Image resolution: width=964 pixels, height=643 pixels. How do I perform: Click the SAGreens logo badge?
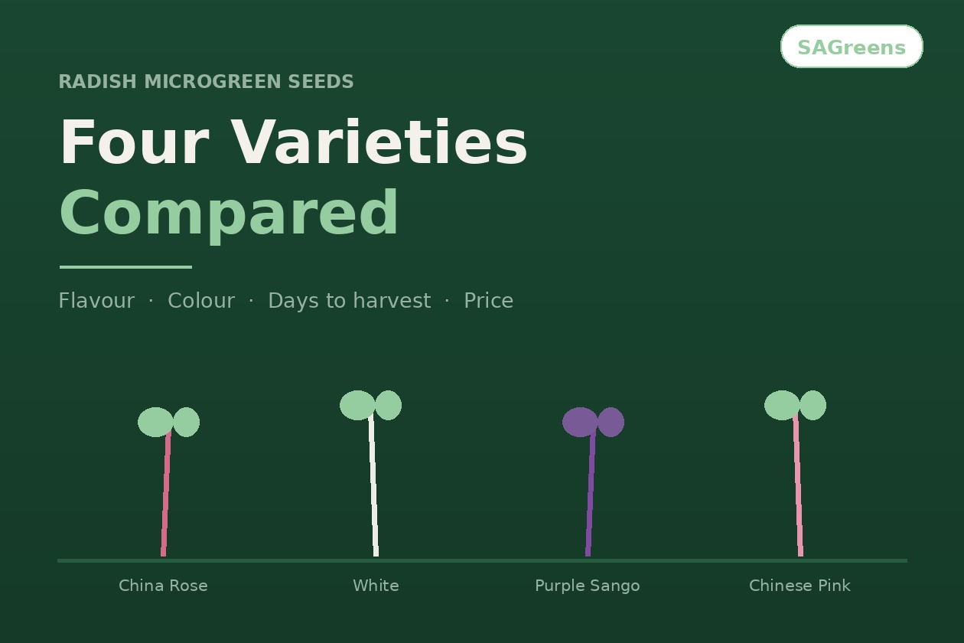pyautogui.click(x=852, y=47)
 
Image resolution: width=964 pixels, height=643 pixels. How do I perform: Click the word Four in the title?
pyautogui.click(x=135, y=142)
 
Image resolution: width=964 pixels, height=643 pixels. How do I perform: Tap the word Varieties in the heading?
pyautogui.click(x=379, y=142)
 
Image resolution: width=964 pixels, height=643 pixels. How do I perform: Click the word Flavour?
pyautogui.click(x=96, y=301)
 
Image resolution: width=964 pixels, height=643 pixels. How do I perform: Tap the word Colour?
pyautogui.click(x=201, y=301)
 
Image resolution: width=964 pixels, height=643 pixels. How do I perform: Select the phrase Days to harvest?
pyautogui.click(x=350, y=301)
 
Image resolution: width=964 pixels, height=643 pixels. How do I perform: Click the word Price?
pyautogui.click(x=488, y=301)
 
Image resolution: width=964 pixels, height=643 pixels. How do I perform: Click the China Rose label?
pyautogui.click(x=163, y=586)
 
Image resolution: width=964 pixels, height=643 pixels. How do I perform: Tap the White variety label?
pyautogui.click(x=376, y=586)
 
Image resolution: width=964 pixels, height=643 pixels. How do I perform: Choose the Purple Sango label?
pyautogui.click(x=588, y=586)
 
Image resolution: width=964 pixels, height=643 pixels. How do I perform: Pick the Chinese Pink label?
pyautogui.click(x=800, y=586)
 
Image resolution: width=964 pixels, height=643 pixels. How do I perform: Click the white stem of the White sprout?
pyautogui.click(x=373, y=485)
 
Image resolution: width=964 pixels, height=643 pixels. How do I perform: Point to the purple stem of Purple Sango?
pyautogui.click(x=591, y=494)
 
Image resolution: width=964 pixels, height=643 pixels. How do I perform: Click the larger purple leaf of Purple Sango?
pyautogui.click(x=580, y=422)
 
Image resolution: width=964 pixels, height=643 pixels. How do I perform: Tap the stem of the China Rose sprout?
pyautogui.click(x=166, y=494)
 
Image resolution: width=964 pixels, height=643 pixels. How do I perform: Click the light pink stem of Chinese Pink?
pyautogui.click(x=798, y=485)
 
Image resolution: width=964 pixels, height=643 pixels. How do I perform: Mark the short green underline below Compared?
pyautogui.click(x=125, y=267)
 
